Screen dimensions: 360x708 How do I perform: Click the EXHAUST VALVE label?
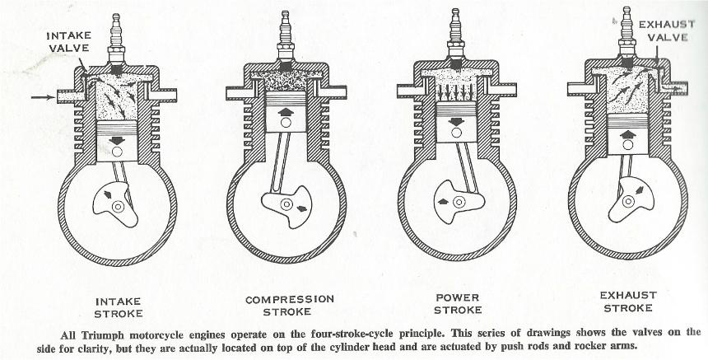tap(661, 31)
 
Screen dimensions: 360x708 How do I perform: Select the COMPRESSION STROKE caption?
tap(288, 306)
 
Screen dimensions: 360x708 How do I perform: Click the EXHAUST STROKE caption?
tap(628, 301)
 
